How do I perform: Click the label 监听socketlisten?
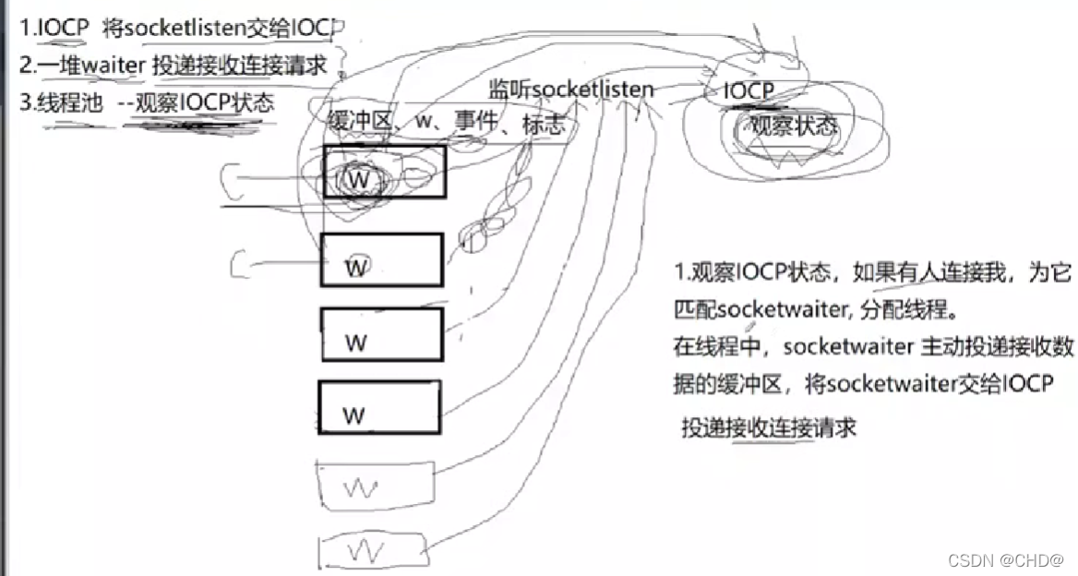[x=571, y=90]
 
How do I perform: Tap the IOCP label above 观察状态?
[x=749, y=90]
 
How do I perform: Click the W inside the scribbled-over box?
[x=358, y=180]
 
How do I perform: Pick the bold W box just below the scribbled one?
[x=381, y=259]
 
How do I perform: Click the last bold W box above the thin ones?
[x=378, y=407]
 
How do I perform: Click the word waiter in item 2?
[x=110, y=66]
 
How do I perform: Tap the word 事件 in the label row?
[x=481, y=124]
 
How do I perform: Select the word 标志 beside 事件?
[x=544, y=124]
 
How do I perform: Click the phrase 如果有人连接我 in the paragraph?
[x=909, y=272]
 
